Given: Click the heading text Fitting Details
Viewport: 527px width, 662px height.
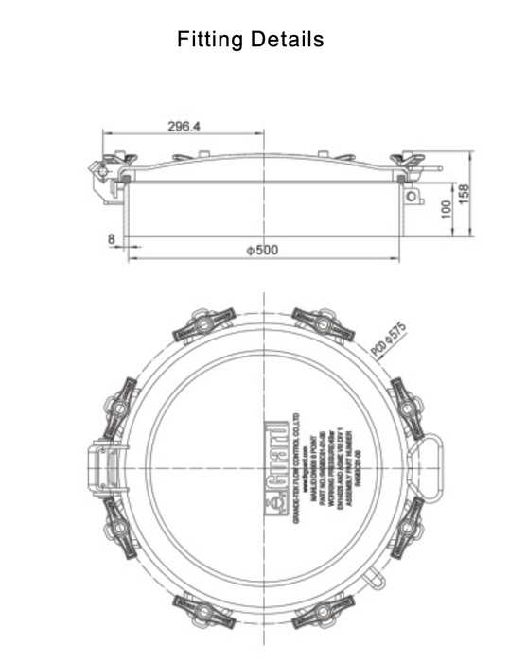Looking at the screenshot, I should pyautogui.click(x=251, y=40).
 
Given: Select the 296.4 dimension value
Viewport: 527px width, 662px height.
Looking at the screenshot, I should pyautogui.click(x=184, y=126).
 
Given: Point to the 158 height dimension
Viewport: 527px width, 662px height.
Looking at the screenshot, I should pyautogui.click(x=464, y=195).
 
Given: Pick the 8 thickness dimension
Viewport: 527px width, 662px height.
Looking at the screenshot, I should pyautogui.click(x=112, y=240).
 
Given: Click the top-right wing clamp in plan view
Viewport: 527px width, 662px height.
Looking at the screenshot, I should pyautogui.click(x=323, y=324).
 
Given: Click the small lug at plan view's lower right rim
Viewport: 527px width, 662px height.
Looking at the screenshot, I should pyautogui.click(x=378, y=578).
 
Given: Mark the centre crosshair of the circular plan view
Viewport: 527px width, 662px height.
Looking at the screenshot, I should pyautogui.click(x=263, y=468).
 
